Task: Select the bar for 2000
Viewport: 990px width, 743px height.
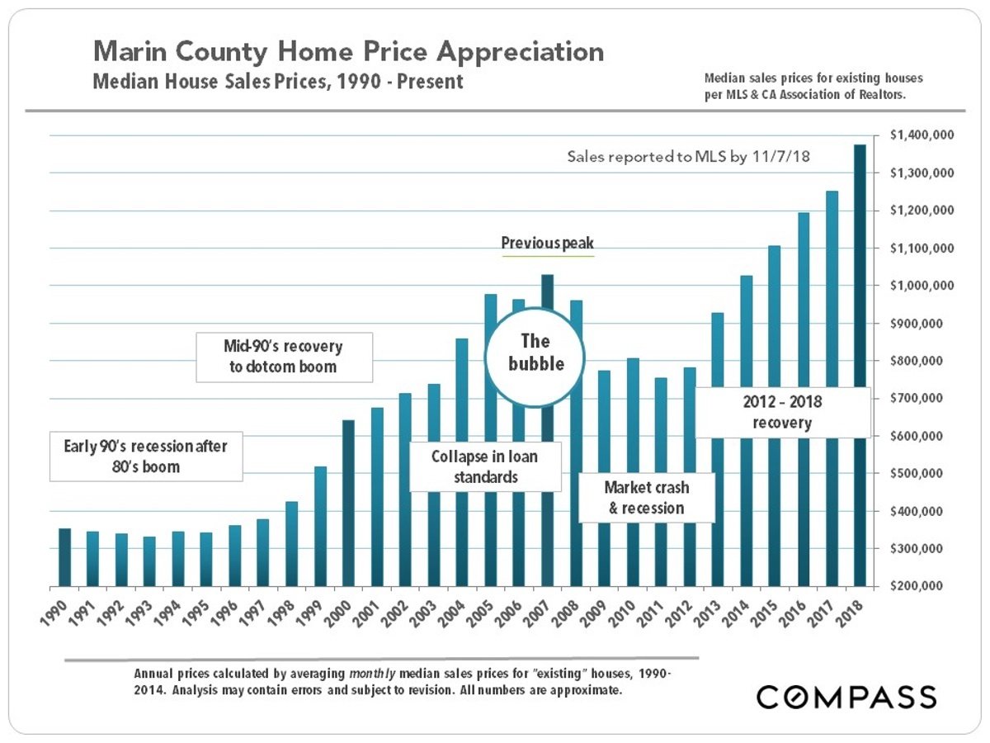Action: point(348,503)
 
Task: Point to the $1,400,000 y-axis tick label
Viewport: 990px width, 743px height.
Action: point(923,135)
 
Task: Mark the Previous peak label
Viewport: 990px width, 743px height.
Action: point(548,244)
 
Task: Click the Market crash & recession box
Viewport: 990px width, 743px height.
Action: point(646,498)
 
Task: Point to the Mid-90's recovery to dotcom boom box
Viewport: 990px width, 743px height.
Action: point(283,357)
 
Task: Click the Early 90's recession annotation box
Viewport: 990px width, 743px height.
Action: point(146,456)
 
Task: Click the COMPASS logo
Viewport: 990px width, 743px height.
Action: point(846,696)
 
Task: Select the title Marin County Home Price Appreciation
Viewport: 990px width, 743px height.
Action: point(348,52)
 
